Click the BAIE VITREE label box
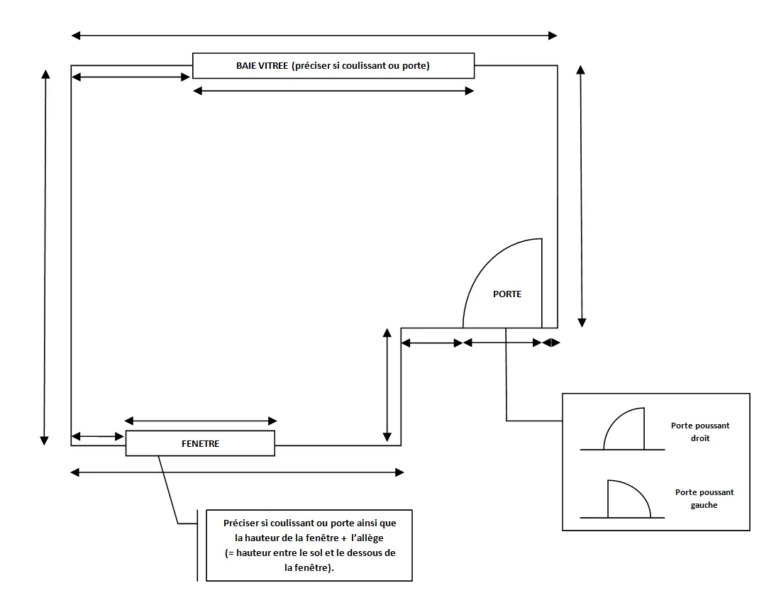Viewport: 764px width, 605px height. coord(333,65)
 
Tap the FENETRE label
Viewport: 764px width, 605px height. coord(200,443)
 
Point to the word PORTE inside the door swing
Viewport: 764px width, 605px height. coord(507,294)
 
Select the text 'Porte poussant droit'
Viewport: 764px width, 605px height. coord(700,432)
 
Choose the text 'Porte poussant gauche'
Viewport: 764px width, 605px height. coord(704,499)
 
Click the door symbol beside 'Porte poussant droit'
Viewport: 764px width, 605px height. coord(624,430)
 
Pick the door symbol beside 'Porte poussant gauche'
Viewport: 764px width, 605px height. coord(628,499)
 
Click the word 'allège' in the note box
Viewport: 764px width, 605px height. coord(367,538)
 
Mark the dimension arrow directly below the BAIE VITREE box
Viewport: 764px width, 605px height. coord(333,91)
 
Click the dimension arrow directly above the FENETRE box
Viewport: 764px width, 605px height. coord(201,421)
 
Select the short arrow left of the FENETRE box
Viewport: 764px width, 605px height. coord(98,435)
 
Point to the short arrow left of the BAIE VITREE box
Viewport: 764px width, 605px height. coord(132,77)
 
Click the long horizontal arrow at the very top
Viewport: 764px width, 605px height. coord(314,35)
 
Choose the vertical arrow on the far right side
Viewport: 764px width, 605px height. coord(582,196)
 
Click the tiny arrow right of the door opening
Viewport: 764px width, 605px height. coord(551,343)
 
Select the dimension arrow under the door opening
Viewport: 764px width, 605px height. coord(502,343)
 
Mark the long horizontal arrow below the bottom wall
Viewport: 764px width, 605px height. coord(238,472)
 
